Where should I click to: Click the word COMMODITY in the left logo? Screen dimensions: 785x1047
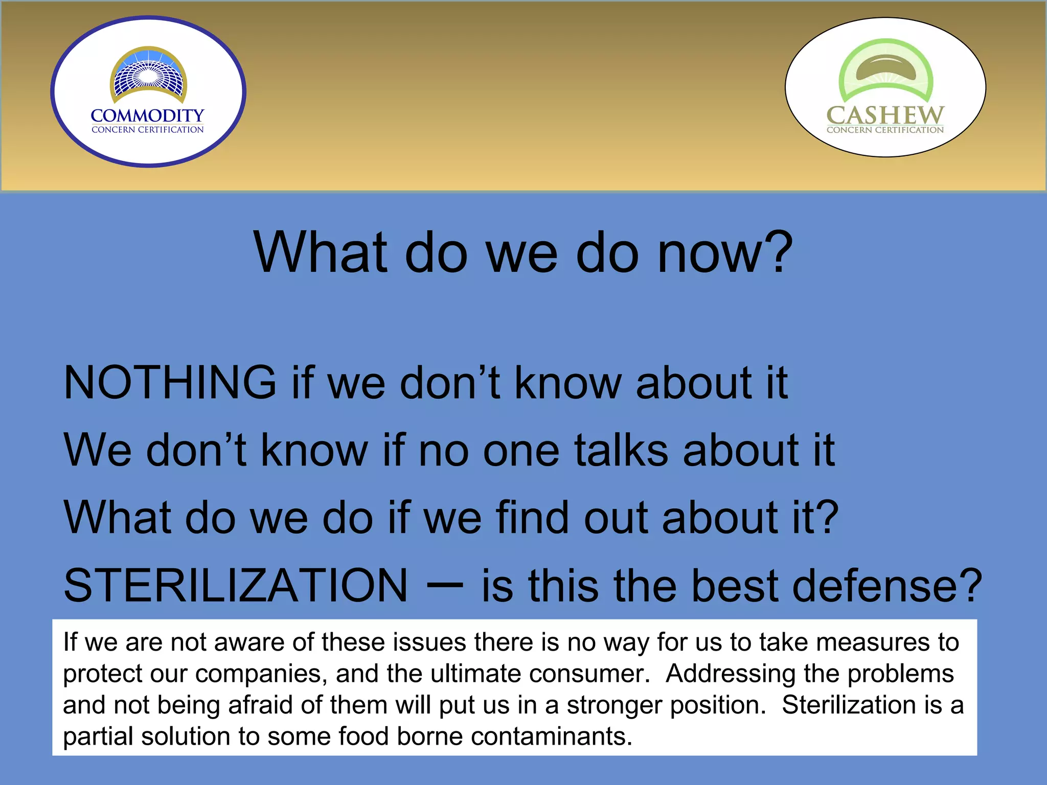[x=147, y=116]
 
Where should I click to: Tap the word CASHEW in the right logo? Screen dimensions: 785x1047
[x=885, y=115]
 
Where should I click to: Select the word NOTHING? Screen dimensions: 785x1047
[x=170, y=382]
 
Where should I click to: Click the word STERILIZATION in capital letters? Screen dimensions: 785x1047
[x=236, y=585]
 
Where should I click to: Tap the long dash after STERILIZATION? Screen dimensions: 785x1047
[x=444, y=586]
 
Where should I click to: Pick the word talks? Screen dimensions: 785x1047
[x=621, y=450]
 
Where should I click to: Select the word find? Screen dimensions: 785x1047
[x=532, y=517]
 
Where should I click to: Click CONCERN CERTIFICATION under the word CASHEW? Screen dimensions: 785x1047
[x=885, y=130]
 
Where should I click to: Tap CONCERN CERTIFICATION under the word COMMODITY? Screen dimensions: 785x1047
[x=147, y=130]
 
